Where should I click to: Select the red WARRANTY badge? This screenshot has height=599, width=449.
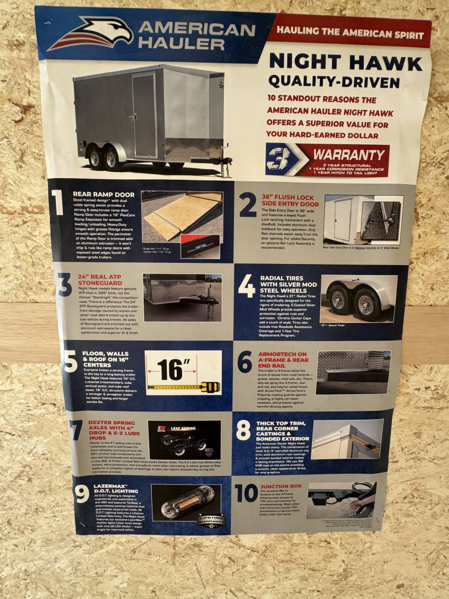coord(328,160)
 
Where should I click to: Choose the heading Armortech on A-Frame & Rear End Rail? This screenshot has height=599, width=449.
coord(283,361)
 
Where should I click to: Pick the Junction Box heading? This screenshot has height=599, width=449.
coord(280,486)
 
